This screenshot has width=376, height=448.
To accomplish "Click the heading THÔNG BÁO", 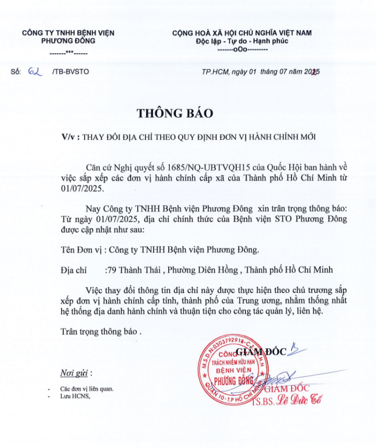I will point(175,113).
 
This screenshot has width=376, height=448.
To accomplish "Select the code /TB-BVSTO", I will point(70,72).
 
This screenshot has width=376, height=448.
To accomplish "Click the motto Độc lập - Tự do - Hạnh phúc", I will point(242,41).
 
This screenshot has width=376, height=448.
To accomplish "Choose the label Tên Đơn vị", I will point(83,249).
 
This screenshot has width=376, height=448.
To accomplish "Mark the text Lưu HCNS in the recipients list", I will point(75,396).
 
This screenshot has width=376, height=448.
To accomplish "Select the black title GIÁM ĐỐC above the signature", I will point(261,352).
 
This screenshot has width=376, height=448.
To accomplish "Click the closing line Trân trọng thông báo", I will point(101,331).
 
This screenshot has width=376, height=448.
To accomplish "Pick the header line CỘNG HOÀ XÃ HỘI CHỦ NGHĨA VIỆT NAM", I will point(242,32).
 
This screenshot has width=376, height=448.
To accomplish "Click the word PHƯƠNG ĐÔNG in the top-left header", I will point(68,41).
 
